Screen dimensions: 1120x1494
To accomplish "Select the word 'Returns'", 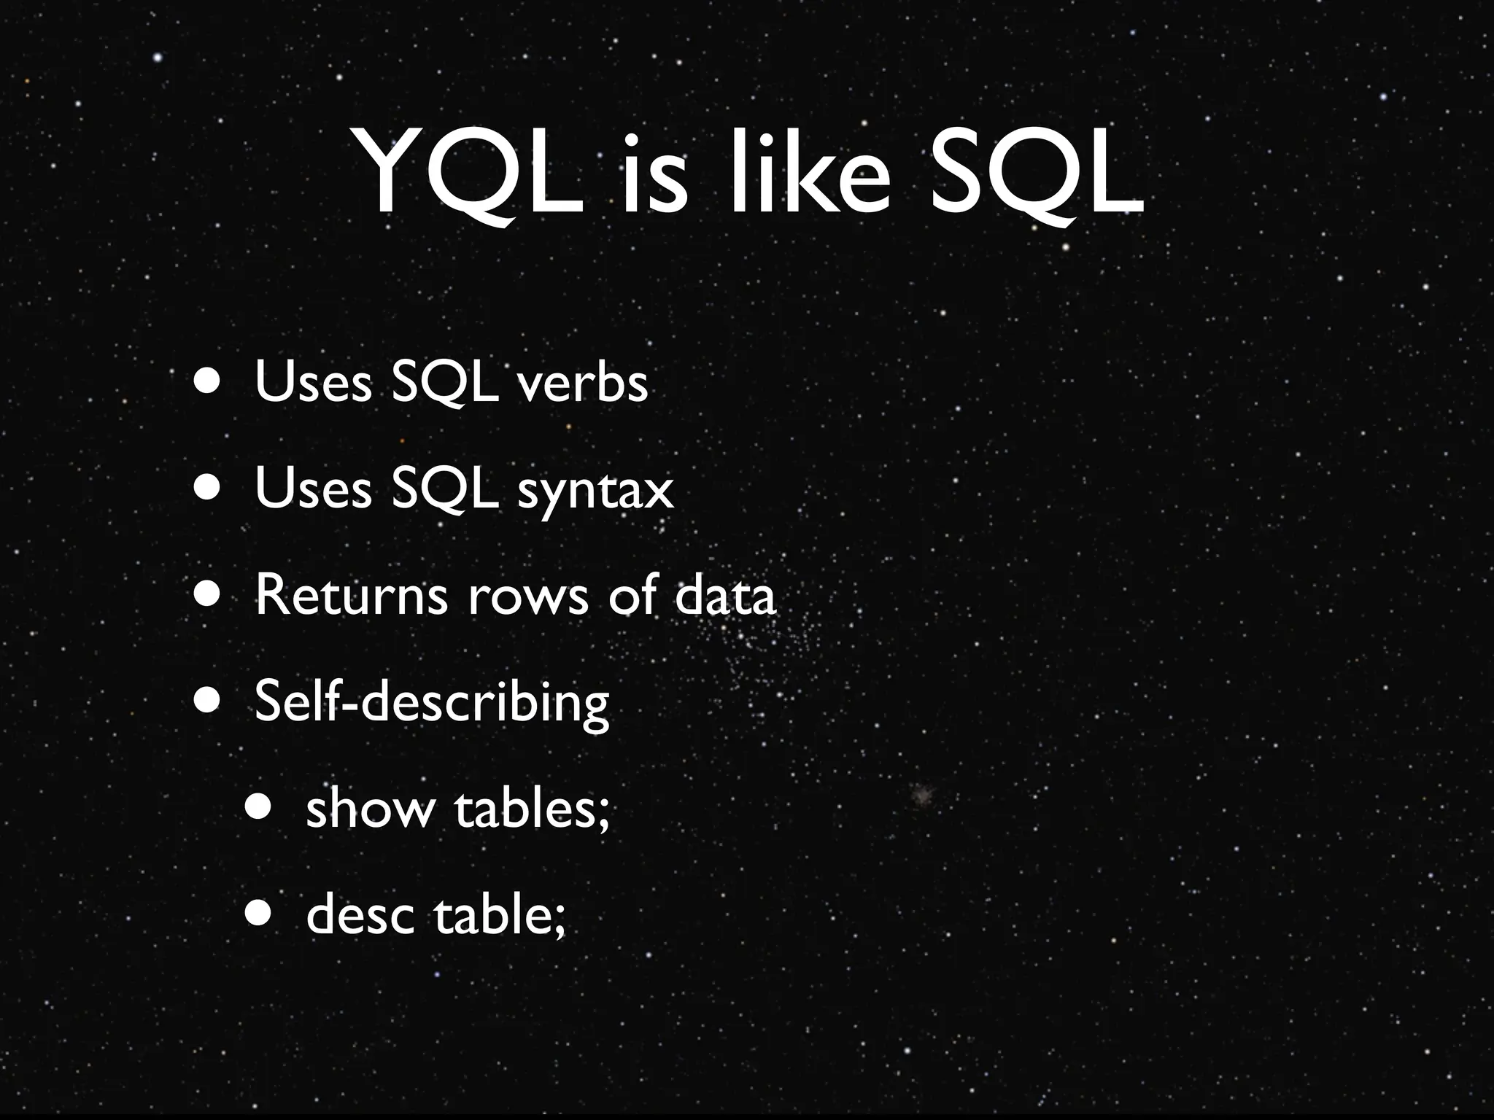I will point(351,595).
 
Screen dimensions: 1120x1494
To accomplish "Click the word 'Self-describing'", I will point(431,702).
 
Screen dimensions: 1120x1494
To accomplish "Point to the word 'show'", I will point(369,809).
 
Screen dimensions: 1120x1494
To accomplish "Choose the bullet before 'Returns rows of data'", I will point(209,595).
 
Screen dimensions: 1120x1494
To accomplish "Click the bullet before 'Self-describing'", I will point(209,701).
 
